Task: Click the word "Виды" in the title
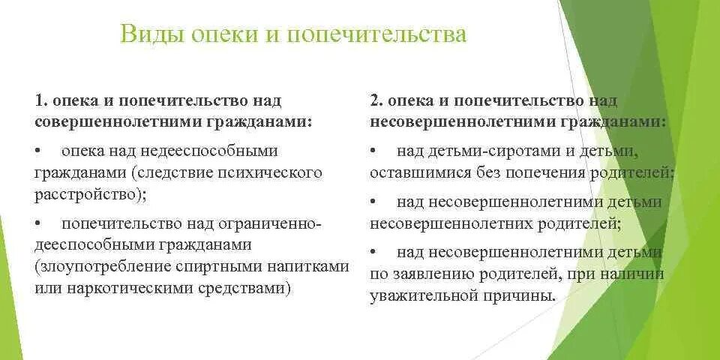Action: (x=148, y=34)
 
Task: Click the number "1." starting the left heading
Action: (x=41, y=100)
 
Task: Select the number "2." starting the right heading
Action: (x=377, y=100)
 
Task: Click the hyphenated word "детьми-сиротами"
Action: (x=492, y=151)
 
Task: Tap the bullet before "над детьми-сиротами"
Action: (x=373, y=151)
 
